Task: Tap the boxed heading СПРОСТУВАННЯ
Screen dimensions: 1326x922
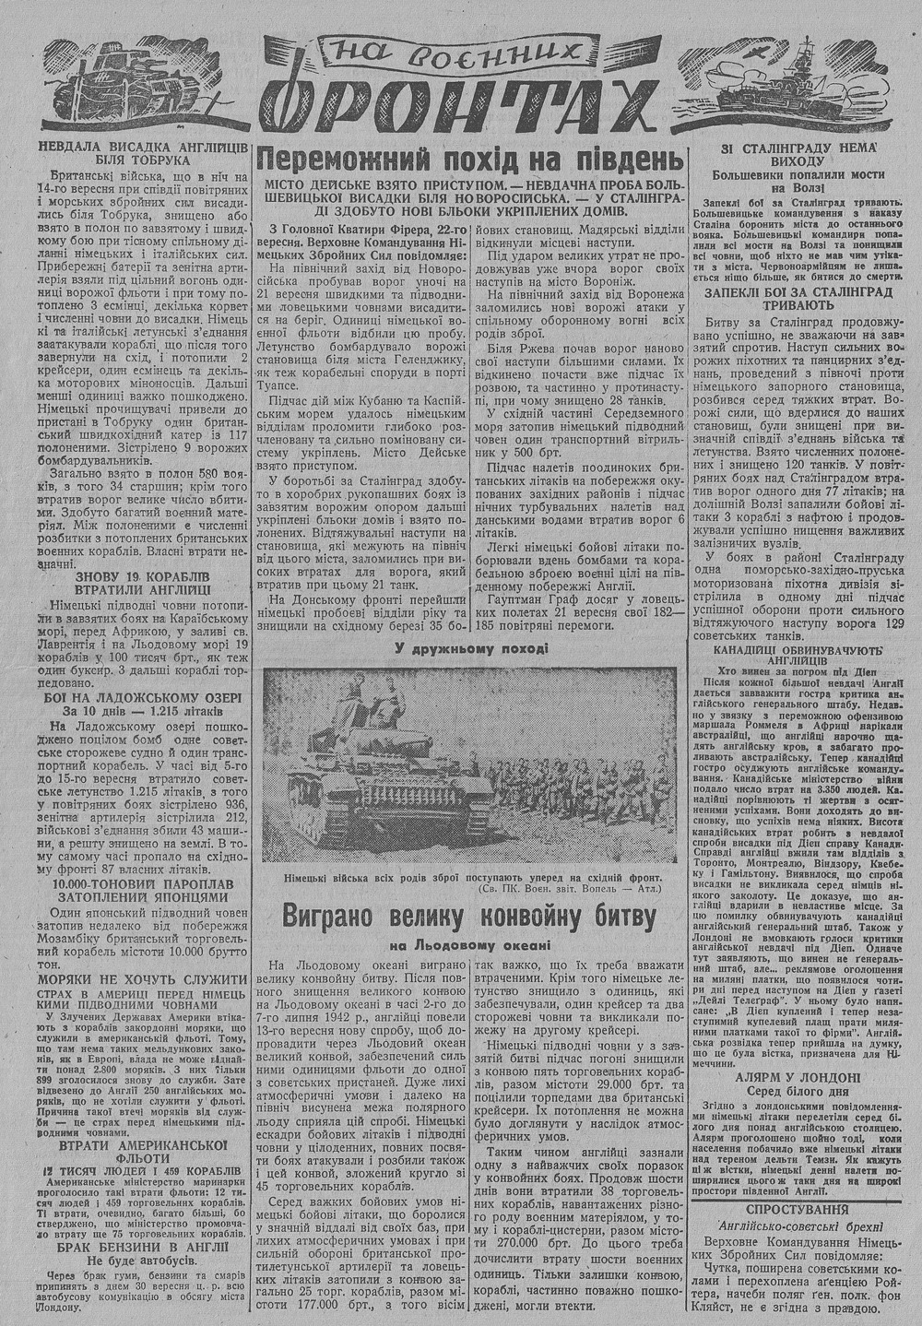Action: (797, 1208)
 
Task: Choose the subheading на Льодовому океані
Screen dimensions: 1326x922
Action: (470, 945)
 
